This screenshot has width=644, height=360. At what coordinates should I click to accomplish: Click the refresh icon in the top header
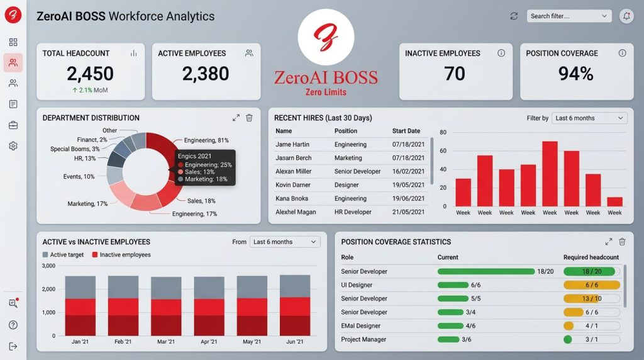[514, 16]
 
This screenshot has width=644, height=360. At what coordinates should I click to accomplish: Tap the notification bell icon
[626, 16]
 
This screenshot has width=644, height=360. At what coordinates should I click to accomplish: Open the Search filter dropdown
[569, 16]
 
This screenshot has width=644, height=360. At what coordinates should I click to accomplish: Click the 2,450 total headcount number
[91, 74]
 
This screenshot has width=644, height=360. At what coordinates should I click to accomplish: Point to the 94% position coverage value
[576, 74]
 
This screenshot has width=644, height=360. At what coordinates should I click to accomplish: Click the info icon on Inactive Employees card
[501, 53]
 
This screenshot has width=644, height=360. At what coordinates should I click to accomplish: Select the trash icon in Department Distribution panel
[249, 118]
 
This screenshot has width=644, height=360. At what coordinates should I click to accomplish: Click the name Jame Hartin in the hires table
[292, 145]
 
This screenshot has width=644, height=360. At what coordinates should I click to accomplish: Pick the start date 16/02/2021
[408, 171]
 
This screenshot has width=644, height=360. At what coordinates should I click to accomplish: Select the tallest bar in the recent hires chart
[550, 174]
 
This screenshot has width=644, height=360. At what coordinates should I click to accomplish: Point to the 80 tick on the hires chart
[443, 132]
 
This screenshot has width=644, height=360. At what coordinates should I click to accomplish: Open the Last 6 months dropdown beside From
[285, 242]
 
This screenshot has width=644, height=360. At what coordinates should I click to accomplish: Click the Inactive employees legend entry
[121, 255]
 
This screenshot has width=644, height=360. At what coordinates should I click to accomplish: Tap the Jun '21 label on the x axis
[294, 342]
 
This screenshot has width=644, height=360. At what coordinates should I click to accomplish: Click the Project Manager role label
[364, 339]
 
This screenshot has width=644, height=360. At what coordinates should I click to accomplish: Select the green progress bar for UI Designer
[453, 285]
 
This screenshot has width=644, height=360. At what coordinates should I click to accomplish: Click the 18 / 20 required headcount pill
[591, 271]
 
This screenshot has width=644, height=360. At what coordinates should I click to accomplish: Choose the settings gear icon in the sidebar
[13, 146]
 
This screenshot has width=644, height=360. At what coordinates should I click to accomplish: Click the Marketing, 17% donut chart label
[87, 204]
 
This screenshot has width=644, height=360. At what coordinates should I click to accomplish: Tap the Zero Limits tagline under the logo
[326, 92]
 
